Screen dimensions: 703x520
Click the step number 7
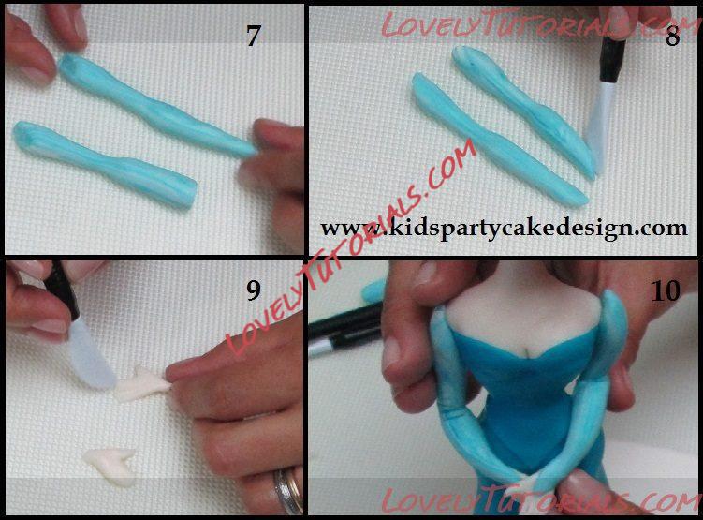click(254, 36)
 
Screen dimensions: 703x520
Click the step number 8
click(672, 36)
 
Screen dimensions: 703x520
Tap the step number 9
click(254, 290)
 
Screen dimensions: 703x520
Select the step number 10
click(666, 290)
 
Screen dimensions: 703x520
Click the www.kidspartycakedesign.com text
click(504, 228)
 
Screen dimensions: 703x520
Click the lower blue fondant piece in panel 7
click(105, 163)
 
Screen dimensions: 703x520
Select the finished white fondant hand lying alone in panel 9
click(110, 466)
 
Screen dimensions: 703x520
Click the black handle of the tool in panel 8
click(612, 60)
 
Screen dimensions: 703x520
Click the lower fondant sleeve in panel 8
click(498, 141)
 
